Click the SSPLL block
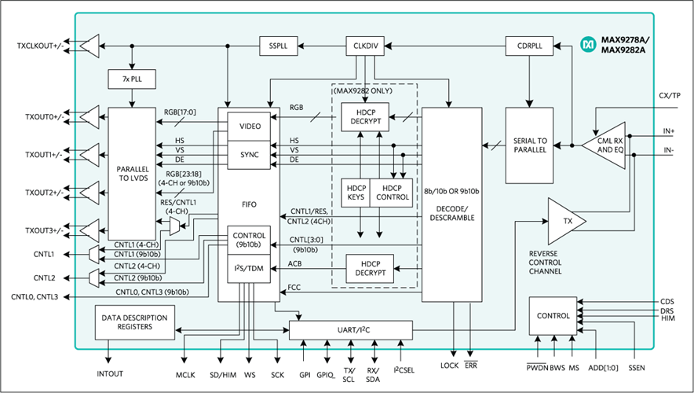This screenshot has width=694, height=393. [x=279, y=46]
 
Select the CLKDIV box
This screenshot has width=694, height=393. [x=365, y=46]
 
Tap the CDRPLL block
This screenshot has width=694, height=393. [x=529, y=46]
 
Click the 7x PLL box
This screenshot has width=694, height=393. [x=132, y=79]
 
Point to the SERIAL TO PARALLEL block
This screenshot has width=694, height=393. [x=529, y=145]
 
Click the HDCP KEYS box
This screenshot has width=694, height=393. [x=356, y=193]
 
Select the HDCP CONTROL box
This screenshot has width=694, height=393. [x=391, y=193]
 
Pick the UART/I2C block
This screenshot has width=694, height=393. [x=351, y=331]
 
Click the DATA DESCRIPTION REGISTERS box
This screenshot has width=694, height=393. [x=134, y=322]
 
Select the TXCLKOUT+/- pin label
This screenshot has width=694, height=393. [x=40, y=46]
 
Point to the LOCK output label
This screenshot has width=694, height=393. [x=449, y=365]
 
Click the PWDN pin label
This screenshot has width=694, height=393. [x=537, y=367]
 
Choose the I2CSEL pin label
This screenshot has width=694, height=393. [x=404, y=369]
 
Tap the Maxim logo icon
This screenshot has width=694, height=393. [x=589, y=44]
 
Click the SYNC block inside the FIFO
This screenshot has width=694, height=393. [x=249, y=155]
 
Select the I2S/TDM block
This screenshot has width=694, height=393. [x=249, y=269]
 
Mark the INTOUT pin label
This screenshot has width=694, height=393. [x=110, y=374]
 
